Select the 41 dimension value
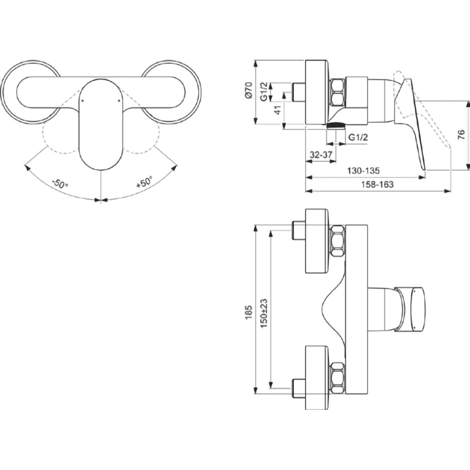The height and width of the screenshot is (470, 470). tap(278, 110)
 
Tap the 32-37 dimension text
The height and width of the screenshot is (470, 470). tap(321, 155)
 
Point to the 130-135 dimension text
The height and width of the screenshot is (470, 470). tap(363, 171)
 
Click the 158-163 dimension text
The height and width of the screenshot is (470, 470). tap(377, 184)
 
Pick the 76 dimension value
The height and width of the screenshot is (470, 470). tap(462, 134)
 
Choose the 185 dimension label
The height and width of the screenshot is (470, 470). tap(249, 312)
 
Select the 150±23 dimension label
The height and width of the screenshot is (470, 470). tap(264, 313)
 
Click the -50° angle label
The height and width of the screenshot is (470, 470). tap(60, 183)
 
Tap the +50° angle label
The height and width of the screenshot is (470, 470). tap(144, 182)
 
